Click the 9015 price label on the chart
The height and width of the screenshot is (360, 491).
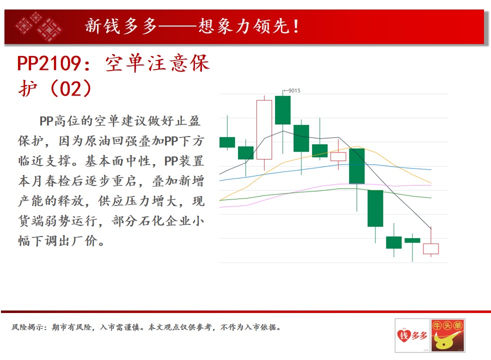[x=294, y=90]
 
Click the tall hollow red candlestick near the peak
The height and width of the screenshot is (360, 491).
[x=264, y=129]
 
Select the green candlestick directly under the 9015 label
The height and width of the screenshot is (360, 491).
[x=283, y=110]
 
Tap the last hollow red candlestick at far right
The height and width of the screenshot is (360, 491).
[x=431, y=248]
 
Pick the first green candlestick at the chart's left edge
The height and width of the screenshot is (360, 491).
[x=227, y=142]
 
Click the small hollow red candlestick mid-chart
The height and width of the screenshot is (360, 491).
[x=338, y=156]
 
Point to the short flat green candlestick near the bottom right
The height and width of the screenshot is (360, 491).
[x=412, y=240]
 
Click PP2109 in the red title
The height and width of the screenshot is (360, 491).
[x=49, y=63]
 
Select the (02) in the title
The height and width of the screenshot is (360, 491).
[x=71, y=88]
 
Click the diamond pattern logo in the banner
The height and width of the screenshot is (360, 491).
[x=39, y=26]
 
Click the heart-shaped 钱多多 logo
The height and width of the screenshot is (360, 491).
[x=412, y=335]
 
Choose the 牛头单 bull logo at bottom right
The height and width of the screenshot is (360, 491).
[x=447, y=335]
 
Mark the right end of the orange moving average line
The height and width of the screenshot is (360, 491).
[x=431, y=183]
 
